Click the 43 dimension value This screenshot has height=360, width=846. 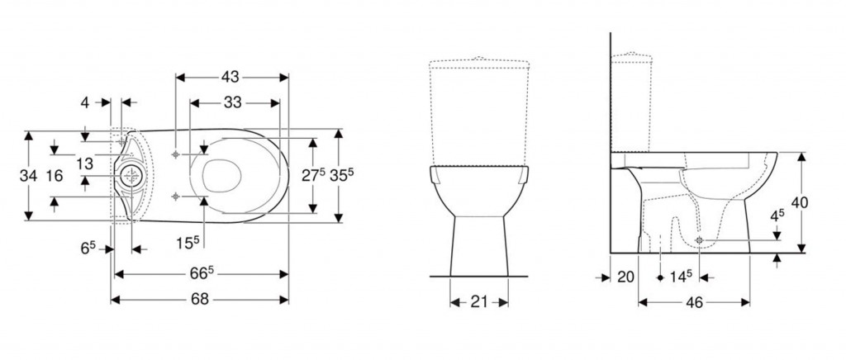pyautogui.click(x=230, y=77)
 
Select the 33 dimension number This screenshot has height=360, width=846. pyautogui.click(x=232, y=102)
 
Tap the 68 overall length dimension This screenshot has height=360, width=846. pyautogui.click(x=200, y=299)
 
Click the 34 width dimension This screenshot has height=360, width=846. pyautogui.click(x=28, y=176)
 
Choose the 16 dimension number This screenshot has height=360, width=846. pyautogui.click(x=54, y=176)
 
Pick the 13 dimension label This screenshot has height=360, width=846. pyautogui.click(x=85, y=163)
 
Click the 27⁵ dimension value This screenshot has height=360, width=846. pyautogui.click(x=313, y=175)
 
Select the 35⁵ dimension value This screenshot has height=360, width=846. pyautogui.click(x=341, y=175)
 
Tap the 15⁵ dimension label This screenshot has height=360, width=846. pyautogui.click(x=188, y=243)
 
